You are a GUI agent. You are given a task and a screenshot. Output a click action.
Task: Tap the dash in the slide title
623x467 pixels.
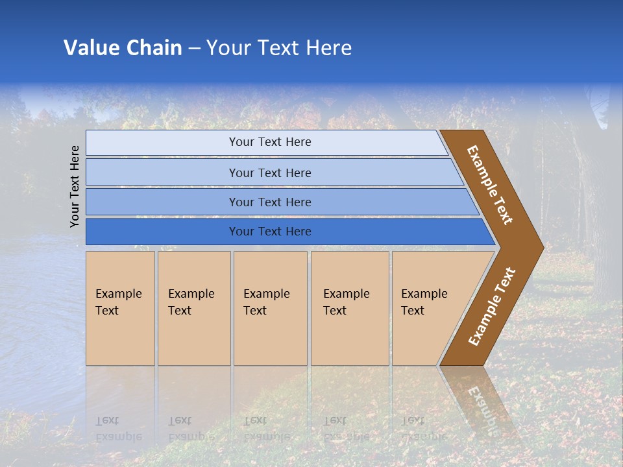194,49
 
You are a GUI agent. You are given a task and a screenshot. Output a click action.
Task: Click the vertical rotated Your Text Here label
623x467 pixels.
75,186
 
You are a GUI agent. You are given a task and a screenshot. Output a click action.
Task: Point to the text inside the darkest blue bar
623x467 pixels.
270,232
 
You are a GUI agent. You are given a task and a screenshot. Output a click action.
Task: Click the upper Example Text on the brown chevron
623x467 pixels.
490,185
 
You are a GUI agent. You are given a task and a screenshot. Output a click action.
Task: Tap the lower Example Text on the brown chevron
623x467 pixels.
492,307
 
